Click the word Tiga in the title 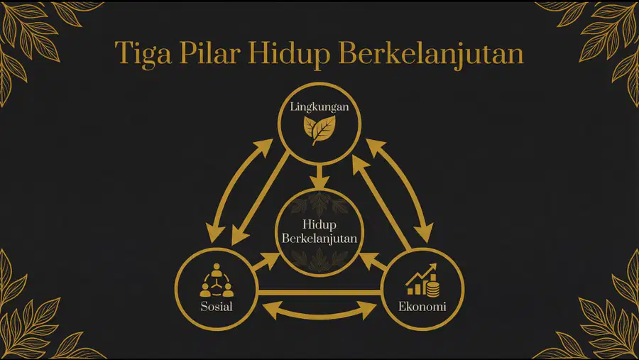point(143,54)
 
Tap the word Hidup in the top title point(289,54)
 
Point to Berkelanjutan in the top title point(431,54)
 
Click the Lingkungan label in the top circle point(319,107)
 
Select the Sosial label point(217,306)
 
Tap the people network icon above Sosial point(217,280)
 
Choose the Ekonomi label point(422,306)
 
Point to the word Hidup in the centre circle point(319,224)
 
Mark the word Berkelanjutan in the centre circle point(319,238)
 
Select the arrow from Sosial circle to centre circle point(266,262)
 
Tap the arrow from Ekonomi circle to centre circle point(373,262)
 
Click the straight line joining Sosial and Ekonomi point(319,293)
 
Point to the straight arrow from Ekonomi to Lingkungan point(381,202)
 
